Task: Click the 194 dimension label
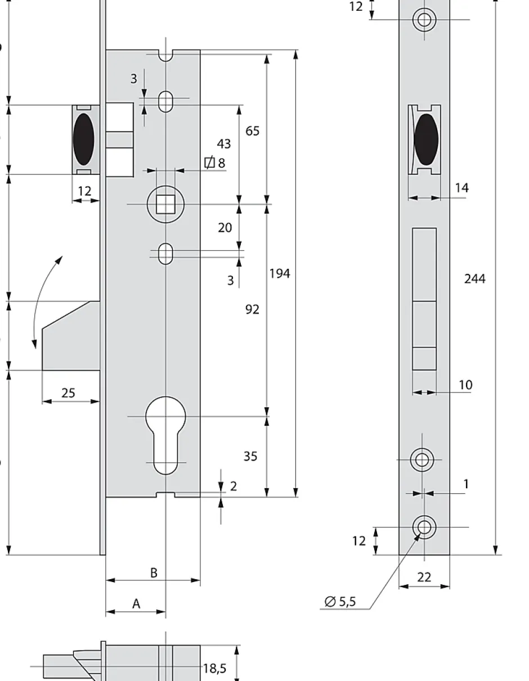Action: pyautogui.click(x=280, y=273)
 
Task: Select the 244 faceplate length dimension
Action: pyautogui.click(x=474, y=278)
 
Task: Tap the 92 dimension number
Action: pyautogui.click(x=252, y=309)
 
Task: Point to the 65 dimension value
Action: pyautogui.click(x=253, y=131)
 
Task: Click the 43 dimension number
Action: pyautogui.click(x=224, y=144)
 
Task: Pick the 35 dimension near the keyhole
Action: pyautogui.click(x=250, y=457)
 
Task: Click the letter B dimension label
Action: pyautogui.click(x=153, y=573)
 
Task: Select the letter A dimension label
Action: pyautogui.click(x=136, y=604)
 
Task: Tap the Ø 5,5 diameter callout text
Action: pyautogui.click(x=340, y=602)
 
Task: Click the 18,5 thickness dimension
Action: pyautogui.click(x=214, y=668)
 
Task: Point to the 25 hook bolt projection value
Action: pyautogui.click(x=68, y=393)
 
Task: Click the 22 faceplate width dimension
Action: pyautogui.click(x=424, y=577)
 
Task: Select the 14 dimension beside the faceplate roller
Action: pyautogui.click(x=461, y=188)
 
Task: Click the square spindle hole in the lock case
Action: pyautogui.click(x=165, y=204)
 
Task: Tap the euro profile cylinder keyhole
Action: pyautogui.click(x=165, y=433)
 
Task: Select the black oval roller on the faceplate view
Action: pyautogui.click(x=425, y=139)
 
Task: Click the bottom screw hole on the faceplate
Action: pyautogui.click(x=424, y=527)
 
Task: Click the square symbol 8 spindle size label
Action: pyautogui.click(x=214, y=163)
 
